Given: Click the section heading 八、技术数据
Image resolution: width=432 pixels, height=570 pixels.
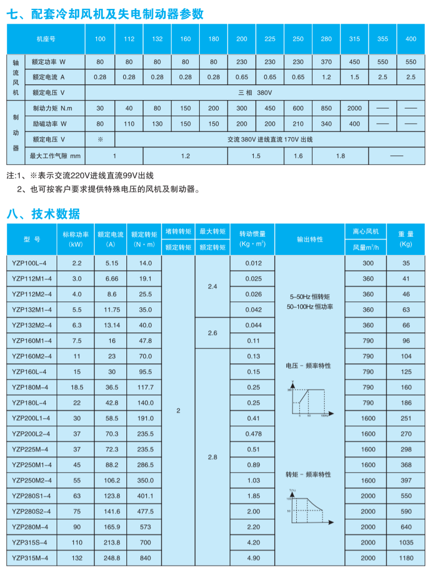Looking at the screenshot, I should [x=44, y=214].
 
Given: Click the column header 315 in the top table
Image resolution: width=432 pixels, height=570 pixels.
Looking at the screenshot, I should [x=354, y=39].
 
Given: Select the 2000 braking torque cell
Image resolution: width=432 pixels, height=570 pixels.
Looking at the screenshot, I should [x=354, y=108].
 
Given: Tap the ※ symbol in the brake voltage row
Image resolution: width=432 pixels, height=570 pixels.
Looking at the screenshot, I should [x=100, y=140].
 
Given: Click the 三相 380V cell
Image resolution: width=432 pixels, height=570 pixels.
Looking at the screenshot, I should [x=255, y=93].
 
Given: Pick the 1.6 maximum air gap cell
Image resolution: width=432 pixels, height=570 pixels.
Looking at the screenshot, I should [x=298, y=155].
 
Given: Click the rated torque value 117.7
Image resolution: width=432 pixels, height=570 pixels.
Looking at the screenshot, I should [x=143, y=387].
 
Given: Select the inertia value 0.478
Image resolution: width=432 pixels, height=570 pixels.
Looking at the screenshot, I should [x=253, y=434].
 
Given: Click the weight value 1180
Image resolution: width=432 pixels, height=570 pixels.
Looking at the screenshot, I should [x=406, y=558].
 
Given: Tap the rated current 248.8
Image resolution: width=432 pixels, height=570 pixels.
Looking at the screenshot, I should [x=111, y=558].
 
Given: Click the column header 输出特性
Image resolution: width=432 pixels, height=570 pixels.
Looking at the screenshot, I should [x=310, y=239].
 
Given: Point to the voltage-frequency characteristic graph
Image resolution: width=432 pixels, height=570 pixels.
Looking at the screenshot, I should [x=309, y=398].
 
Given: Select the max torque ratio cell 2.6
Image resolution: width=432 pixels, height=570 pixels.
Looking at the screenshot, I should [x=212, y=333].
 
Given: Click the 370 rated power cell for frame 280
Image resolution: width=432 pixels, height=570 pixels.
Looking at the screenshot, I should [x=326, y=62].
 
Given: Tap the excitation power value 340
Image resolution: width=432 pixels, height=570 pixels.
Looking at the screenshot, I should [x=326, y=124].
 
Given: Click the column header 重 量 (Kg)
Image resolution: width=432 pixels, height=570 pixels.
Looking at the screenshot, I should [x=406, y=239].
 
